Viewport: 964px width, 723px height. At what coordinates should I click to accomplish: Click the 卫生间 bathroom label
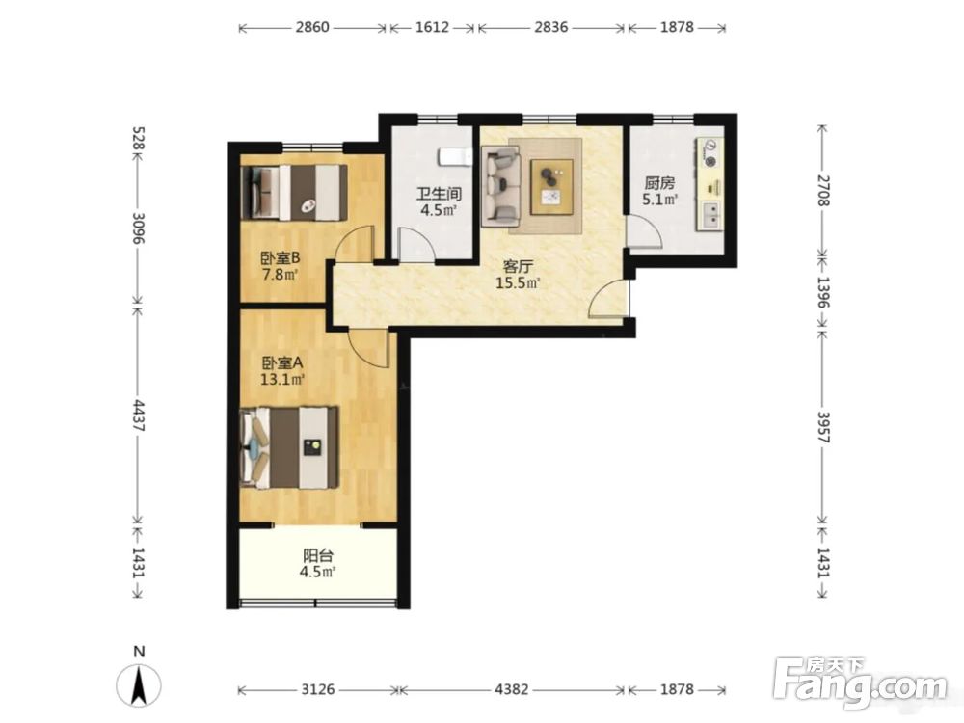coord(439,194)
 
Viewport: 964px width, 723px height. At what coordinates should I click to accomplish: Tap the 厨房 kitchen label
coord(659,182)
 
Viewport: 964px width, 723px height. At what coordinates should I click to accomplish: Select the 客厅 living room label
coord(518,267)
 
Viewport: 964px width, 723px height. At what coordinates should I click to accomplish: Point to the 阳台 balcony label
coord(318,556)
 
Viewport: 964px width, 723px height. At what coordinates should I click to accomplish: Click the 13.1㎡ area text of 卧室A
coord(282,379)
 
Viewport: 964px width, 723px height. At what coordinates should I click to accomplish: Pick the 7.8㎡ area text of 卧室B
coord(280,274)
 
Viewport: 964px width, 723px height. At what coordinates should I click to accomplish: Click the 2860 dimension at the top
coord(312,27)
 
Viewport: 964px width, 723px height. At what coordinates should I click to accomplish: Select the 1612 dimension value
coord(432,27)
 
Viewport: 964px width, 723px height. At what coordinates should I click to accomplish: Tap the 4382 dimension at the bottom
coord(512,689)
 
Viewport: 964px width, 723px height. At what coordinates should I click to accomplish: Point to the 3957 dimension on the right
coord(824,427)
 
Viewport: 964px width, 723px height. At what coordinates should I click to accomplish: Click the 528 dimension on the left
coord(139,139)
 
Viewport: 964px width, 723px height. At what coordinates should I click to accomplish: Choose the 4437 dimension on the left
coord(139,416)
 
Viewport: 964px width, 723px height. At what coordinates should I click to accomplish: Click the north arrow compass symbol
coord(139,683)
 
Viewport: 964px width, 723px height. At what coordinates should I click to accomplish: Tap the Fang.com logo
coord(861,683)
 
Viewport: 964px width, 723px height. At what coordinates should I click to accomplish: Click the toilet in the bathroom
coord(454,157)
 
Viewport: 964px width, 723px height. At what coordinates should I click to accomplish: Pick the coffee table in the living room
coord(552,187)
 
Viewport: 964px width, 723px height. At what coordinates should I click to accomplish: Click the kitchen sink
coord(710,215)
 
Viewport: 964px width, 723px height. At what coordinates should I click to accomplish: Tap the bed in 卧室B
coord(294,192)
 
